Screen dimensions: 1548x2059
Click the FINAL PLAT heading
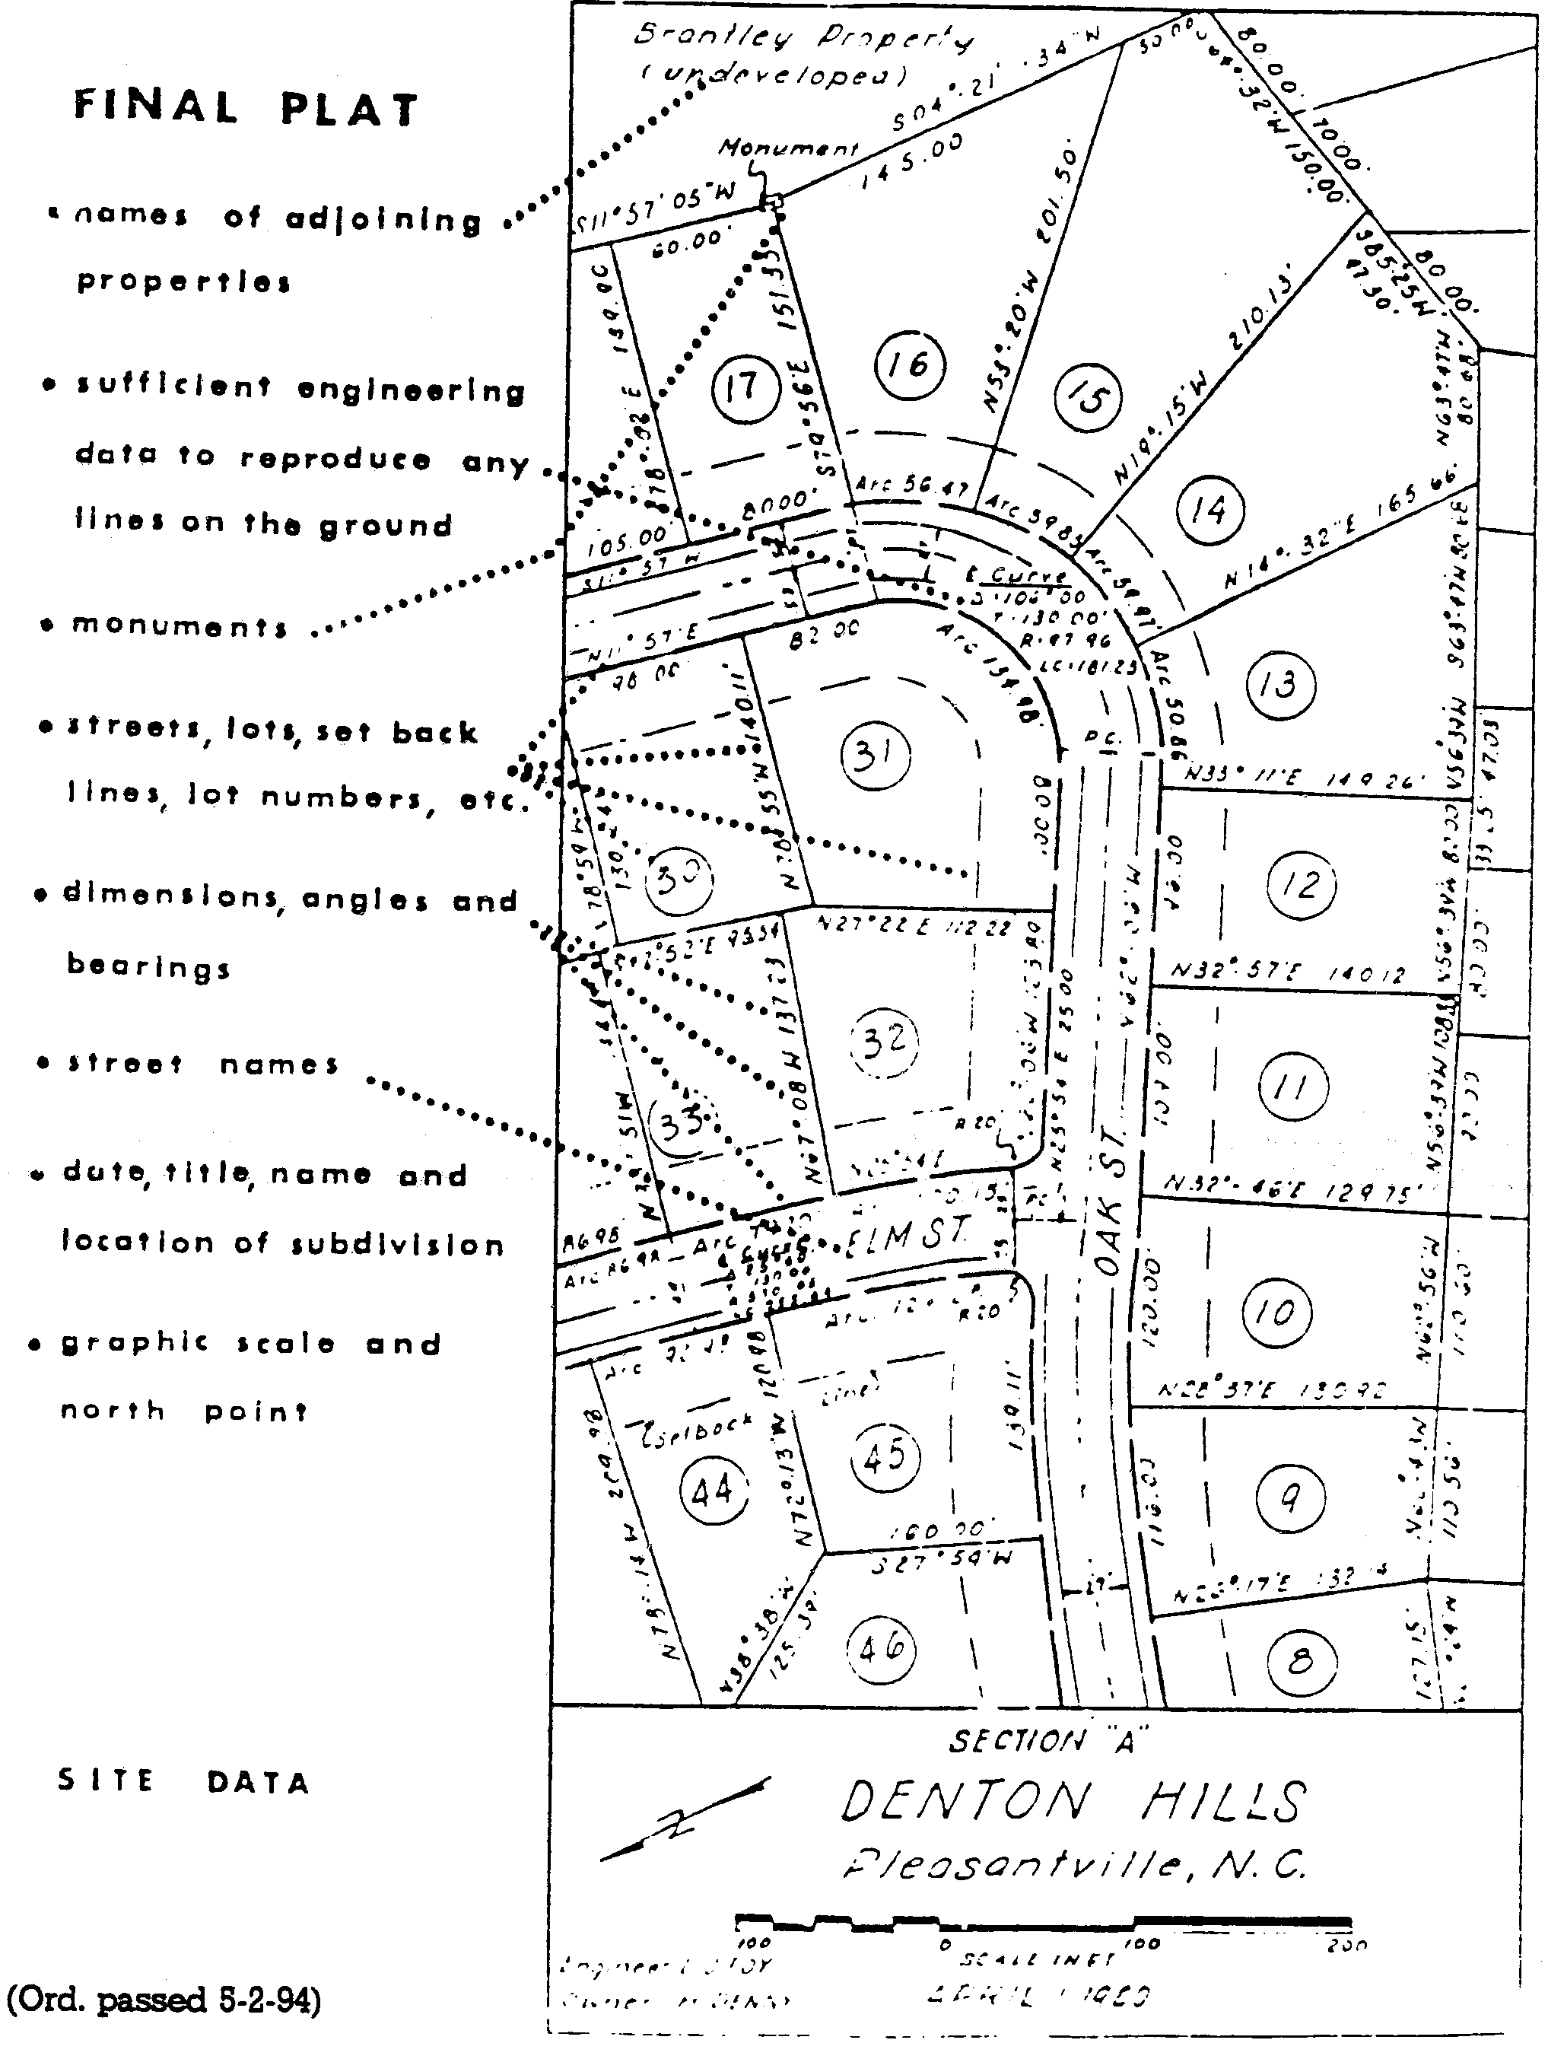pyautogui.click(x=246, y=108)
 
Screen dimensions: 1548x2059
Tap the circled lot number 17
pyautogui.click(x=741, y=387)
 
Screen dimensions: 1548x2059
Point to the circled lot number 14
pyautogui.click(x=1208, y=510)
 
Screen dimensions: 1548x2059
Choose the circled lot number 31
pyautogui.click(x=874, y=755)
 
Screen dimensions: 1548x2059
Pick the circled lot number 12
pyautogui.click(x=1300, y=883)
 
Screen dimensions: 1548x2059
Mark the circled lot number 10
pyautogui.click(x=1275, y=1313)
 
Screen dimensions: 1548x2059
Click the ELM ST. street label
pyautogui.click(x=908, y=1235)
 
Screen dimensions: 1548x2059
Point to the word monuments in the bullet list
pyautogui.click(x=179, y=625)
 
